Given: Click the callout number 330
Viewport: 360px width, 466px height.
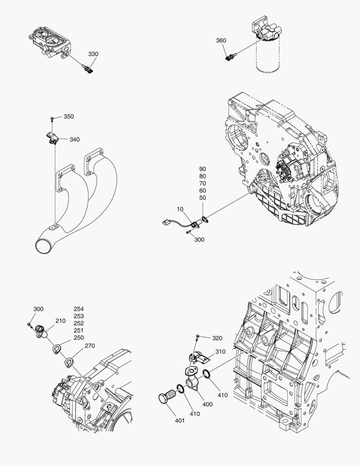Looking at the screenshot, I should [x=93, y=54].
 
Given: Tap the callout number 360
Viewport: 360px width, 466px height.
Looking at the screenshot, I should [x=221, y=41].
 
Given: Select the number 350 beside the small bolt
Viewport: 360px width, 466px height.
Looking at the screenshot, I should [x=69, y=116].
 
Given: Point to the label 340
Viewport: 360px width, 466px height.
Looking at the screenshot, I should [x=74, y=140].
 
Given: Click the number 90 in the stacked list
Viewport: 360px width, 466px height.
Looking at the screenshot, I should [x=203, y=169].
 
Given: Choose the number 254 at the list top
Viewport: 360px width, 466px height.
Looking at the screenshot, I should [x=78, y=309].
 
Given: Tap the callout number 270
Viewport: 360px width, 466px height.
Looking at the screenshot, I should [x=89, y=346].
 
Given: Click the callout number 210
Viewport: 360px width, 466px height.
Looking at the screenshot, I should [x=60, y=321].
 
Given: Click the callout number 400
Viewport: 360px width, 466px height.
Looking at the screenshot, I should [x=207, y=404].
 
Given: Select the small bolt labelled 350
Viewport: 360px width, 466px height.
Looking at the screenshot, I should [x=52, y=118].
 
